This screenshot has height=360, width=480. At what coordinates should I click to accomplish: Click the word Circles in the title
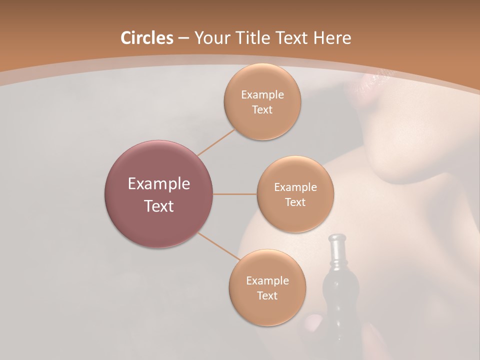(x=146, y=38)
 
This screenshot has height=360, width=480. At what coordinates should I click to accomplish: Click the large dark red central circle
(x=159, y=194)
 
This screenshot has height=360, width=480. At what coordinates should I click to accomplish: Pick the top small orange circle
(x=262, y=102)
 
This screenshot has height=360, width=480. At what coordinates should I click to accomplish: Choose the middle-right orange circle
(x=295, y=194)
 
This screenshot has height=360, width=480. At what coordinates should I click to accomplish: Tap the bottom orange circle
(x=267, y=288)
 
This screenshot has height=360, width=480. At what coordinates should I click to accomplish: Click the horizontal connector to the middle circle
(x=234, y=194)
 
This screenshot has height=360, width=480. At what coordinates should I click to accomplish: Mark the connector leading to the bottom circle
(x=218, y=246)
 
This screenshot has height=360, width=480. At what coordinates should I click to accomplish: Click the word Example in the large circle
(x=159, y=184)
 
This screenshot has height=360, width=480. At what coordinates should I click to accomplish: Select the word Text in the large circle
(x=159, y=206)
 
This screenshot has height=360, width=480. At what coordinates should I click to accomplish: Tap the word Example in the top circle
(x=262, y=95)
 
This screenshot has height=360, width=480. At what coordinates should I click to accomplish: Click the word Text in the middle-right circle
(x=295, y=202)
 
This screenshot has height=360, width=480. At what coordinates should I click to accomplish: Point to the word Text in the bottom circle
(x=267, y=295)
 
